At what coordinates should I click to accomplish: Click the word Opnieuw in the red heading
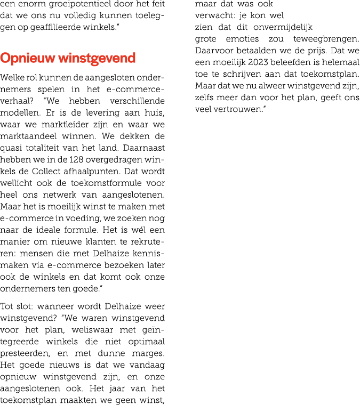[x=28, y=59]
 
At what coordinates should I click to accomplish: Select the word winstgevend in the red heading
[x=97, y=59]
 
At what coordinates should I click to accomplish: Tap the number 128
[x=76, y=160]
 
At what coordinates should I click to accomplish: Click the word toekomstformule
[x=106, y=183]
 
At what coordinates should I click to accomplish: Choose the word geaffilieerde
[x=55, y=27]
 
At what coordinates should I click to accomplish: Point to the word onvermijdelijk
[x=283, y=27]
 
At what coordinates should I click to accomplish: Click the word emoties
[x=242, y=39]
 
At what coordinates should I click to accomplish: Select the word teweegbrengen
[x=326, y=39]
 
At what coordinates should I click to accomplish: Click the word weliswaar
[x=92, y=330]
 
